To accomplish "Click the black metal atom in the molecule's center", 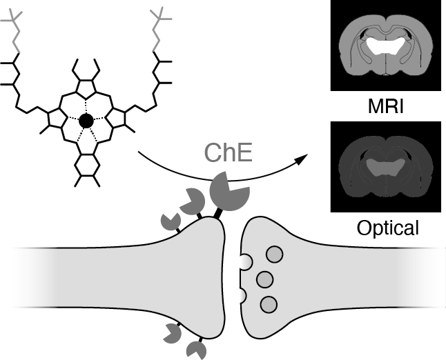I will (86, 121).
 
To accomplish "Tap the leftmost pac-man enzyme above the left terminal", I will (171, 221).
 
